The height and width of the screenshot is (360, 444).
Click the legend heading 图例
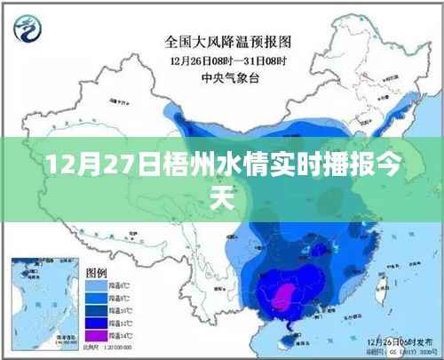96,270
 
